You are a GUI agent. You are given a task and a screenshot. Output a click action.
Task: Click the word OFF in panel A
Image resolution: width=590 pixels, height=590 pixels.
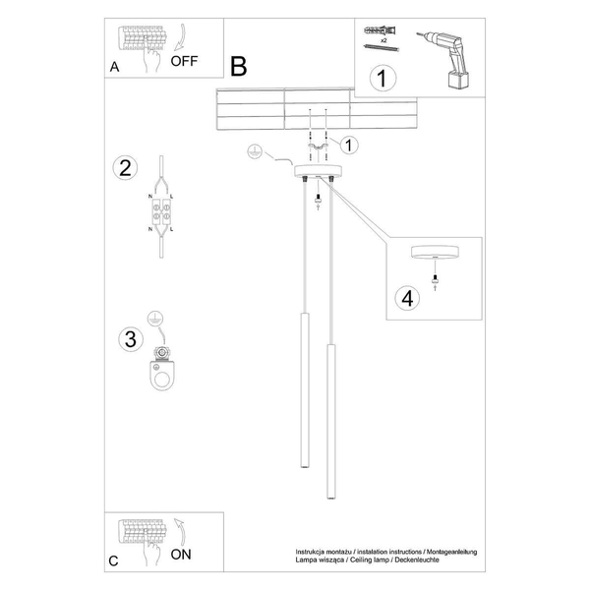184,60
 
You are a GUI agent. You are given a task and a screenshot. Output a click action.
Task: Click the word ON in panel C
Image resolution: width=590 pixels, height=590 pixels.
181,554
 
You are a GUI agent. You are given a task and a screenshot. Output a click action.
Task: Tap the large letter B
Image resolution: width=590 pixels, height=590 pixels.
239,66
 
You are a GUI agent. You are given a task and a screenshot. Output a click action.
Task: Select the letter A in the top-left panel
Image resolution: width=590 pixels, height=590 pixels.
115,68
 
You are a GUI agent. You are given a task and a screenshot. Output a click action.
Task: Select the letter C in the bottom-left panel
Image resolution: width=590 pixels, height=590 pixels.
114,561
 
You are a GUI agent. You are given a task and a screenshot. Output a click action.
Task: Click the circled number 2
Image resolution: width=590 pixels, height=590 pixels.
123,167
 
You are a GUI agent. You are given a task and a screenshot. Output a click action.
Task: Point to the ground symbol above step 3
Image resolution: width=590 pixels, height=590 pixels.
152,318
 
